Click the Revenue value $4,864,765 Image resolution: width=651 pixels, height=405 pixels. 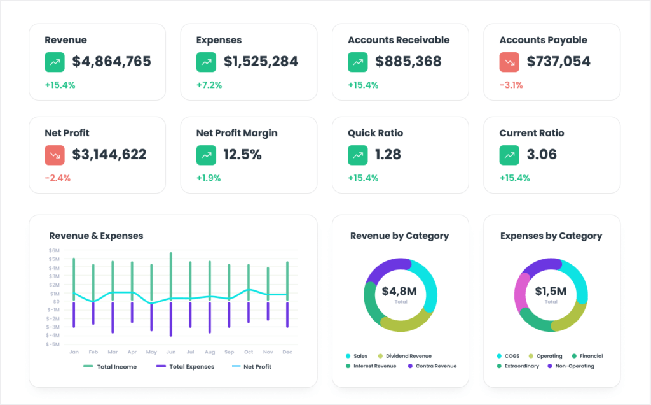111,62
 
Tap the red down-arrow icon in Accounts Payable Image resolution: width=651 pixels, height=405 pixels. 510,62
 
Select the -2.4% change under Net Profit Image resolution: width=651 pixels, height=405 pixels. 58,178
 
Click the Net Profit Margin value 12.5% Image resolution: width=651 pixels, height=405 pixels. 242,155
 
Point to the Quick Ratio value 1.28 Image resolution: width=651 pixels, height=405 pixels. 388,155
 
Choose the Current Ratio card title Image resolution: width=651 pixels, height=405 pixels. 531,133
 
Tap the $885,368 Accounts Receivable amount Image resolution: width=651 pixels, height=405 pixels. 408,62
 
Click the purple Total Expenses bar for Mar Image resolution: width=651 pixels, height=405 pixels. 113,317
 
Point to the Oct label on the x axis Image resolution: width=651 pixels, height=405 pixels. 249,352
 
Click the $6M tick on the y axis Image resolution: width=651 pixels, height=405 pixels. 54,251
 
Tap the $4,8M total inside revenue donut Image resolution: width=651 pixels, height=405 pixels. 399,292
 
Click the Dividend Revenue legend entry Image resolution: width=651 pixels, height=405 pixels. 408,356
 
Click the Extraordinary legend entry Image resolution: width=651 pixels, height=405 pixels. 517,366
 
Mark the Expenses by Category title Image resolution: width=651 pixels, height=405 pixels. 551,236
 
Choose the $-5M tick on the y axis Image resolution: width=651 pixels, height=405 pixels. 53,344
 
